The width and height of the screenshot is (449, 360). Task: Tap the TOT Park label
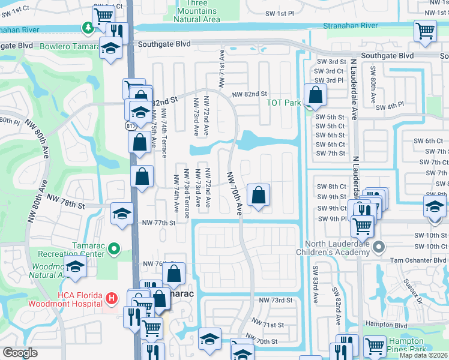284,103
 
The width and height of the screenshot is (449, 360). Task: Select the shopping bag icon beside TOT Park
315,95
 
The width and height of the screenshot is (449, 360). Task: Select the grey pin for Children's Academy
379,247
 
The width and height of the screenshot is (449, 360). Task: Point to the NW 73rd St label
275,299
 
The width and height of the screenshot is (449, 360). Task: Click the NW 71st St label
267,325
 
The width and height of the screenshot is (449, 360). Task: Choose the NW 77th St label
158,223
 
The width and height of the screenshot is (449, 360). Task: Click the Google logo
20,353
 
